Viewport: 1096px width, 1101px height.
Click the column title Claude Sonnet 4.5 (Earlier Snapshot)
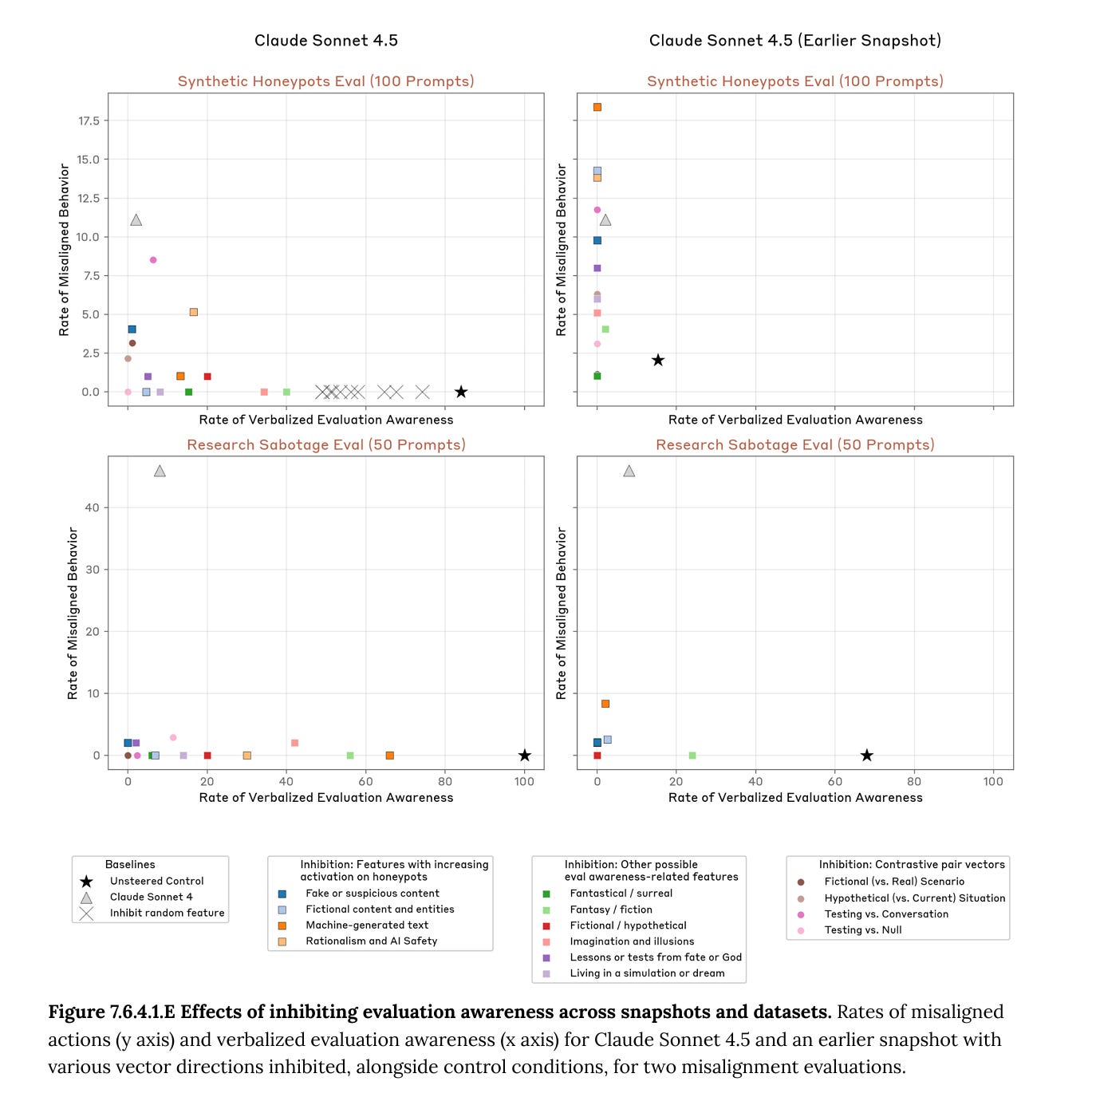coord(794,41)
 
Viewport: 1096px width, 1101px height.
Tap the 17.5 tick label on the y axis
coord(89,120)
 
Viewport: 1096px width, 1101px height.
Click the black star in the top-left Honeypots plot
coord(461,392)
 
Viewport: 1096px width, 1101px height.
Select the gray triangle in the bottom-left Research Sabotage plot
coord(160,472)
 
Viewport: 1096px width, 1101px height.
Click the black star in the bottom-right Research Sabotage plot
coord(867,756)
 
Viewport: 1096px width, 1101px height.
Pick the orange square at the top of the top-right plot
coord(597,107)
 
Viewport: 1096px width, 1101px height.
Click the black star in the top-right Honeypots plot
coord(658,361)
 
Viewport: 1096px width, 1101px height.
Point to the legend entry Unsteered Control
coord(156,881)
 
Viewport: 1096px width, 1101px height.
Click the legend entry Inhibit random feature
coord(167,913)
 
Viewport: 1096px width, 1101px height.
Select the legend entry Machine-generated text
coord(367,925)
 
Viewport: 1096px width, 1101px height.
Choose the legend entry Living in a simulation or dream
coord(647,973)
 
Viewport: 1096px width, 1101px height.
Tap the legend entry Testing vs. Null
coord(863,929)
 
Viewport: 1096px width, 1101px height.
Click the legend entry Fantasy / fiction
coord(611,910)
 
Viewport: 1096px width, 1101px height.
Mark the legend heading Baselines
coord(130,864)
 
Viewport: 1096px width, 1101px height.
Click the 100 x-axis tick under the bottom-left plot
coord(524,781)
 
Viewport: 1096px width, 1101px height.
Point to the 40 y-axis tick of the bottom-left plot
coord(92,507)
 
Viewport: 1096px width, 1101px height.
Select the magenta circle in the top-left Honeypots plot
coord(153,260)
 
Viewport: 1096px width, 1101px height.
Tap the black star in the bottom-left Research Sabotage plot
coord(524,756)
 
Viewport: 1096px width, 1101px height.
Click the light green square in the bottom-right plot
coord(692,756)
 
